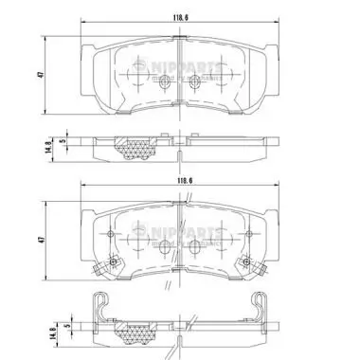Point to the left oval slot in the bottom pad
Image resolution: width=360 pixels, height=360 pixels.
point(163,250)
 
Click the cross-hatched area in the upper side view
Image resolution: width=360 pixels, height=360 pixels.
point(133,146)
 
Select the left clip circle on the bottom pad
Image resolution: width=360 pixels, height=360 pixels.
point(113,262)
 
